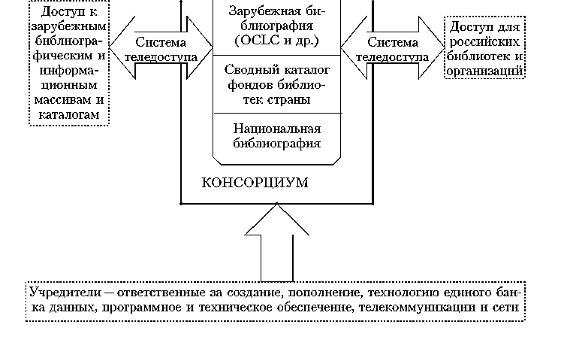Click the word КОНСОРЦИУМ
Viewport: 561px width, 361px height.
point(255,183)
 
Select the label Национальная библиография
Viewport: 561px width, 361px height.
point(277,135)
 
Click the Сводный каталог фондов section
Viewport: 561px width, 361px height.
point(277,83)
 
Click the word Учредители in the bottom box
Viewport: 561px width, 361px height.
point(65,292)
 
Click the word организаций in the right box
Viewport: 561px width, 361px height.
point(484,70)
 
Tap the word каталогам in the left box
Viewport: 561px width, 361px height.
point(68,113)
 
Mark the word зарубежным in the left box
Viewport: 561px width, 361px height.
point(68,27)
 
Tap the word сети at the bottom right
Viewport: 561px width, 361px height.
point(509,308)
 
